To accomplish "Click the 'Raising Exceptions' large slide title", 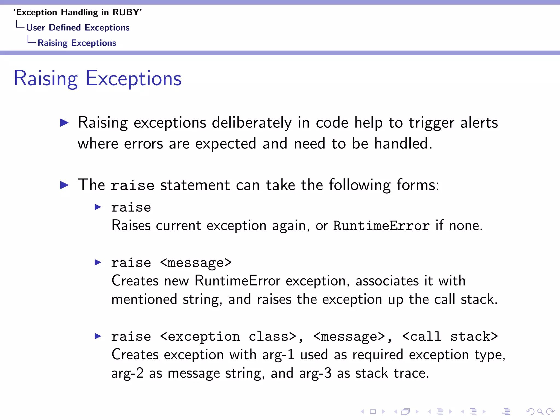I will (98, 78).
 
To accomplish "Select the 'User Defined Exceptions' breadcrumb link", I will (78, 28).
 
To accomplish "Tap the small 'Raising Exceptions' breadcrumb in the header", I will (77, 43).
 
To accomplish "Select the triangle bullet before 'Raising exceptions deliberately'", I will (64, 122).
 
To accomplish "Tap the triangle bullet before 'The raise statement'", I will (64, 185).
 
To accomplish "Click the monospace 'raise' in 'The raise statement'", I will (133, 185).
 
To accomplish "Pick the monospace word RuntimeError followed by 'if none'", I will (381, 226).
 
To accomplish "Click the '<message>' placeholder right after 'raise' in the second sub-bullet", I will (196, 263).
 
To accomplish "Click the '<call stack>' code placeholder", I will (450, 337).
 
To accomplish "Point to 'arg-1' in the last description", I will (278, 355).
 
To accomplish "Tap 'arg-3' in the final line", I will (315, 373).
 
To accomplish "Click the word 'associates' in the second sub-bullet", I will (387, 281).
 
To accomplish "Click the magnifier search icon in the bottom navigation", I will (540, 411).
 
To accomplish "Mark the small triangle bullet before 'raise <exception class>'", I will (98, 336).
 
